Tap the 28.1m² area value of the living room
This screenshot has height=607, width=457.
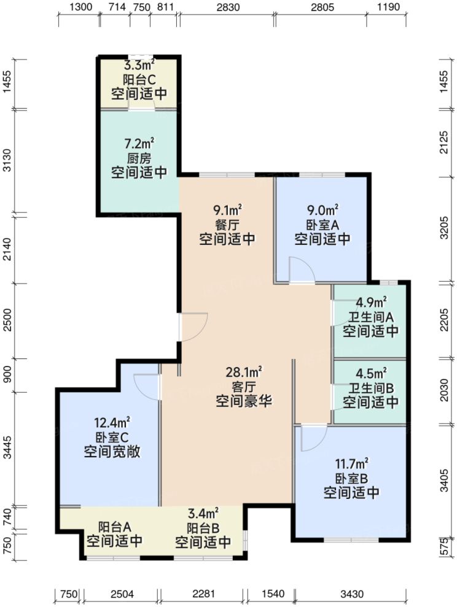click(x=243, y=372)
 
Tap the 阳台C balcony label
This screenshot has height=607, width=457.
click(x=139, y=79)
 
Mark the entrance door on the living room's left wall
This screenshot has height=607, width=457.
click(x=192, y=327)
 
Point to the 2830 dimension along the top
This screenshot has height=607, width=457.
click(x=227, y=7)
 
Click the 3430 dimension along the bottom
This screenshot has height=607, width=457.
click(x=352, y=594)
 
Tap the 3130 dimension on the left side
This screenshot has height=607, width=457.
click(x=7, y=162)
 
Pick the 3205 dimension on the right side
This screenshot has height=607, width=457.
click(x=450, y=228)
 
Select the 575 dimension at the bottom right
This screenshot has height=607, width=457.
click(x=450, y=548)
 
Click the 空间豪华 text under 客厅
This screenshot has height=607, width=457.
click(x=243, y=402)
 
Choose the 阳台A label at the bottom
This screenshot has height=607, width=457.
click(x=114, y=527)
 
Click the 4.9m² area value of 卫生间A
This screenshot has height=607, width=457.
click(x=371, y=302)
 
